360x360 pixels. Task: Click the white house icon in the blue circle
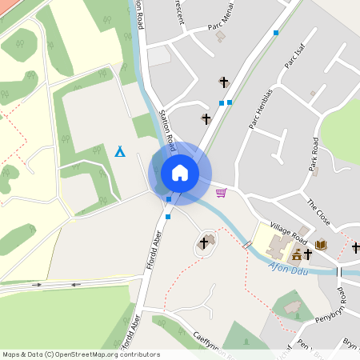tap(180, 173)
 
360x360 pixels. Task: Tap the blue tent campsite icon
tap(119, 150)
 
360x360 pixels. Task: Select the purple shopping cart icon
tap(221, 192)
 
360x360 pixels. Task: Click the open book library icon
tap(321, 245)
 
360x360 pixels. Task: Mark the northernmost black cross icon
tap(223, 82)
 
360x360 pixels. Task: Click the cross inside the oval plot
tap(204, 242)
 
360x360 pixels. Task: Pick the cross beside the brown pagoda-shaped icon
tap(308, 254)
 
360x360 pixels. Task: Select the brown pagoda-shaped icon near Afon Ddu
tap(296, 255)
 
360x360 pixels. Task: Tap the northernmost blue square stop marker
tap(276, 33)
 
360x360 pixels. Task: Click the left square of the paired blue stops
tap(222, 102)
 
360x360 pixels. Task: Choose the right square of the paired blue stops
tap(230, 102)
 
